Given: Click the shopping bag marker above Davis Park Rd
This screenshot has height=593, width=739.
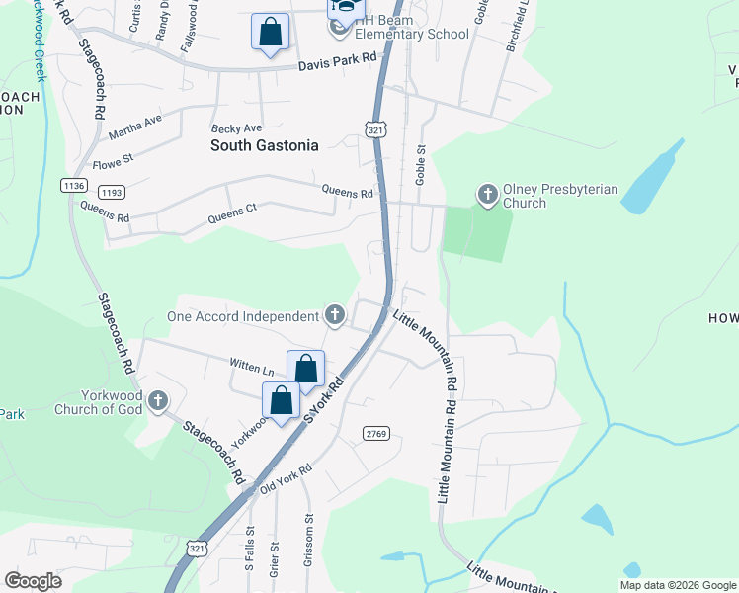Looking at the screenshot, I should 271,33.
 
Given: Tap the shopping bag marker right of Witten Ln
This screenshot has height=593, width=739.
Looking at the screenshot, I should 306,370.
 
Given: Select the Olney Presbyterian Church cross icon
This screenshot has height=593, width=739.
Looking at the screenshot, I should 487,195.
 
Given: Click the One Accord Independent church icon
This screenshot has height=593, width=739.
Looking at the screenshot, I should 335,316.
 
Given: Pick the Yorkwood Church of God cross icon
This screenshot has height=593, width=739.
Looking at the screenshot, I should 158,402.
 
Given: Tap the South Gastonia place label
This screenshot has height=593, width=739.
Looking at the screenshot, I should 265,145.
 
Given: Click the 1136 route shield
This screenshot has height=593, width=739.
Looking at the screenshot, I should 73,185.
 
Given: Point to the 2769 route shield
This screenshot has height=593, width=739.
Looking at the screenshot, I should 376,433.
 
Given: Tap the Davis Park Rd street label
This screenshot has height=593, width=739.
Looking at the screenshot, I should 338,60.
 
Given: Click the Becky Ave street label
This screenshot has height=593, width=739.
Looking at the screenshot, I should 236,128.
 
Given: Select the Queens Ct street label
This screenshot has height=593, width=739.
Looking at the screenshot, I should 232,214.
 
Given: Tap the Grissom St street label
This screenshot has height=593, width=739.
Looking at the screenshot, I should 308,535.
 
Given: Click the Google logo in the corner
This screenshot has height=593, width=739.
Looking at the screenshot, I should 33,580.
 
